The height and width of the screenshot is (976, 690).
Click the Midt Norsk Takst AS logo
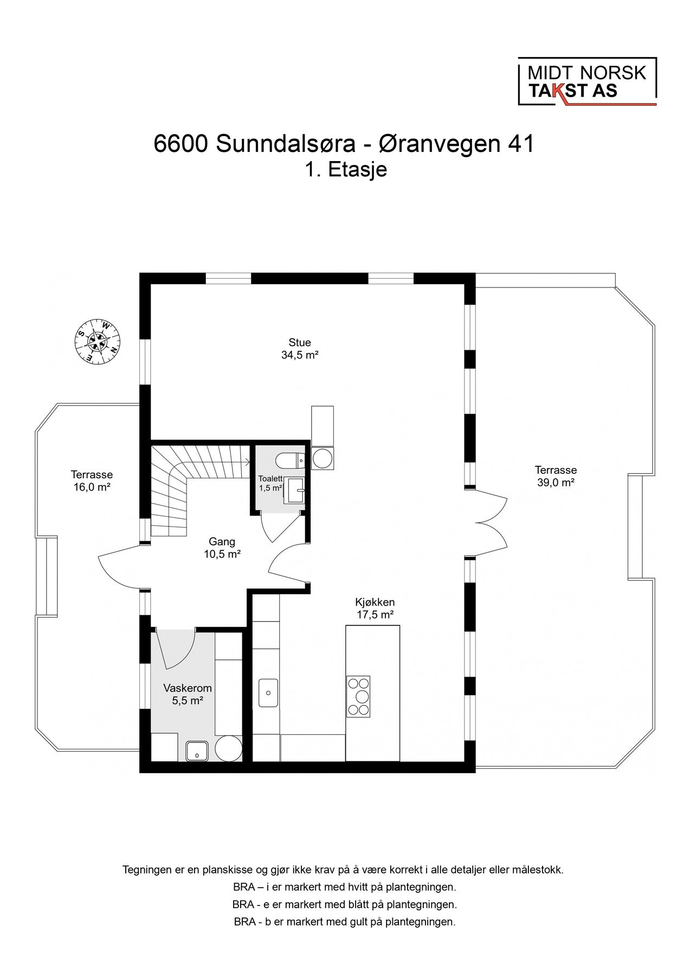pos(586,81)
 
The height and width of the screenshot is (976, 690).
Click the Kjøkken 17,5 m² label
pos(375,608)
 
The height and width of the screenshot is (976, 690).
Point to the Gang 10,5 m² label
pos(222,548)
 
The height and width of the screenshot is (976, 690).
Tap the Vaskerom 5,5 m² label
pos(188,694)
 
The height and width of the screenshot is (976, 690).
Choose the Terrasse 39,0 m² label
pos(556,476)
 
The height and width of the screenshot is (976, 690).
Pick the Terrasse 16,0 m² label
pos(92,480)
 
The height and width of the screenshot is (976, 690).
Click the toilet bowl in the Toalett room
pos(290,461)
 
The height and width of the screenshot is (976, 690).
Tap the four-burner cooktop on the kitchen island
pos(358,696)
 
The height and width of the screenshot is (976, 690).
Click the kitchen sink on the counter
pos(268,692)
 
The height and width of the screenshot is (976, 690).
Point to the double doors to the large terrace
pos(491,523)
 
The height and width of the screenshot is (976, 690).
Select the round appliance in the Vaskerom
pos(228,749)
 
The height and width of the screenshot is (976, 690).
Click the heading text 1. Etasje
pos(346,170)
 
